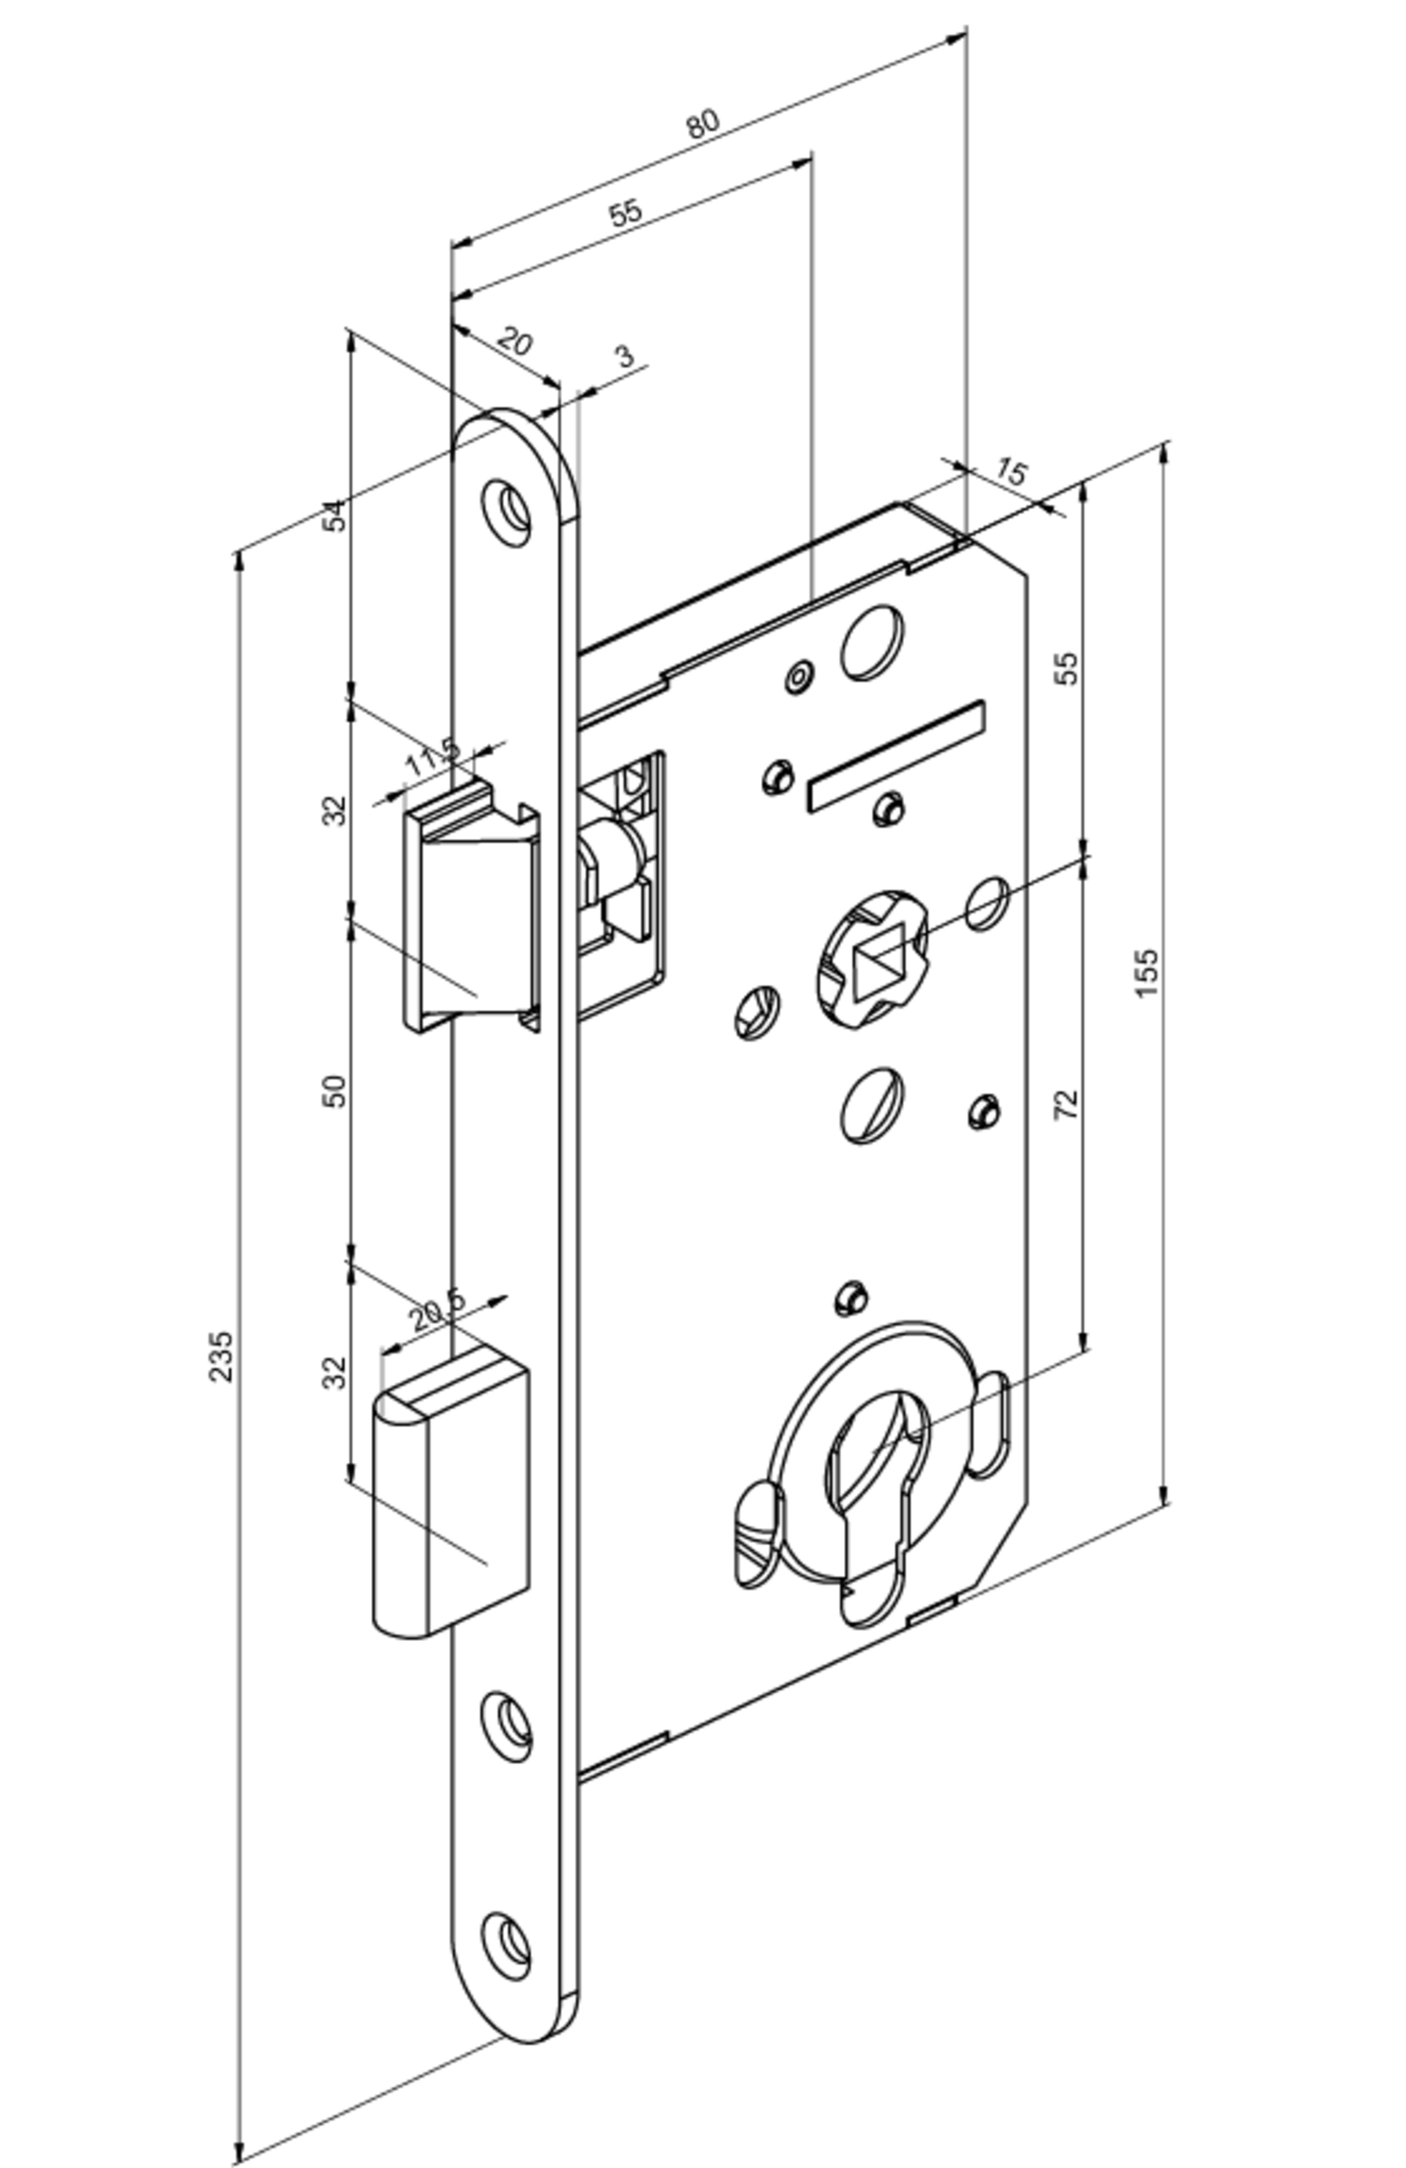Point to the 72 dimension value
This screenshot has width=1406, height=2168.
(x=1066, y=1104)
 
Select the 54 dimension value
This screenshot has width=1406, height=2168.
(x=336, y=516)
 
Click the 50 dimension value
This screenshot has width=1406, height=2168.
(x=336, y=1091)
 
